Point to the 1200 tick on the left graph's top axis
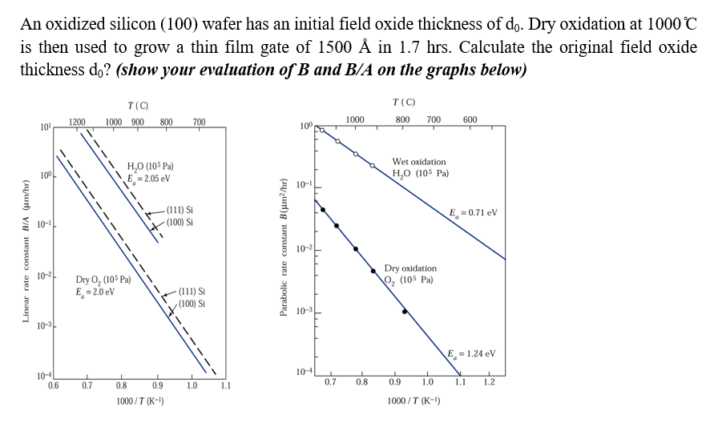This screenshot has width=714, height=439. [78, 122]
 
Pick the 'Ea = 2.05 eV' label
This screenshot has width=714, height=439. [148, 178]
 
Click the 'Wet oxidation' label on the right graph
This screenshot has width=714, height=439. [419, 162]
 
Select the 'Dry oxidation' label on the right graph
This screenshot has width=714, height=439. [410, 268]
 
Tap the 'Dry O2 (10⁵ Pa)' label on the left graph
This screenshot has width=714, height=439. [103, 280]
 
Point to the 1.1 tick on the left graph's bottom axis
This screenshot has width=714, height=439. [224, 386]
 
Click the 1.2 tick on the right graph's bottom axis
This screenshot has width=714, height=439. [490, 382]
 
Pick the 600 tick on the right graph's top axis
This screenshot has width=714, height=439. [470, 120]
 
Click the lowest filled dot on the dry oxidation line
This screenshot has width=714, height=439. [405, 312]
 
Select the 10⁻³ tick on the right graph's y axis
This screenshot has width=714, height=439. [305, 312]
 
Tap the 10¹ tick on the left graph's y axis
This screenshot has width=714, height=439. [45, 127]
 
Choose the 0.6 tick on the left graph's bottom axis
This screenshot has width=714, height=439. [53, 386]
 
